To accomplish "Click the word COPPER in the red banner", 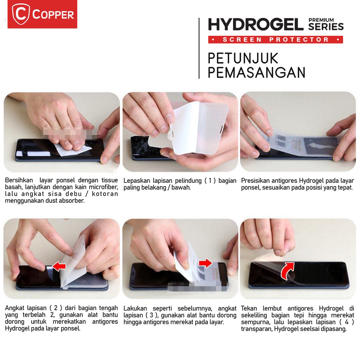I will tap(53, 15).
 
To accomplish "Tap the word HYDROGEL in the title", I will tap(256, 25).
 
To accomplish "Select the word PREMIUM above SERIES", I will tap(326, 20).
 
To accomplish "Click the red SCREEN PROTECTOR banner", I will tap(275, 39).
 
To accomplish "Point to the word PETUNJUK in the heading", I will tap(243, 58).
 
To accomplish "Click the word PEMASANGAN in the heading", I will tap(256, 72).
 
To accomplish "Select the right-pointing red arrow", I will tap(205, 263).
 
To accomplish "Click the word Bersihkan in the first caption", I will tap(17, 180).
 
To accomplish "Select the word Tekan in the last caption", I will tap(249, 308).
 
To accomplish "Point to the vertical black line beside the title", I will tap(199, 48).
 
